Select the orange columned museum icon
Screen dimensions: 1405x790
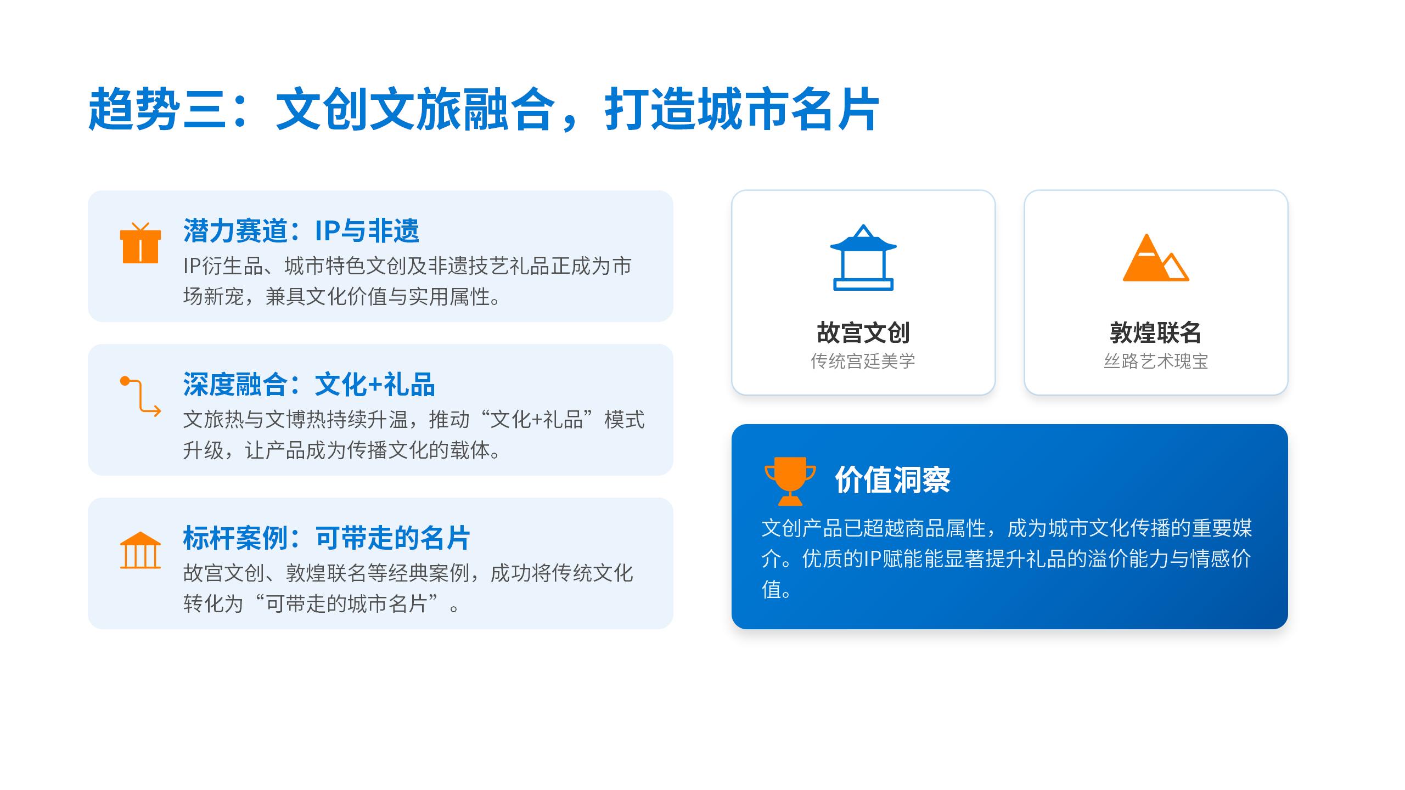(140, 550)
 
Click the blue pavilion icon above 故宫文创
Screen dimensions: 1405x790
(863, 257)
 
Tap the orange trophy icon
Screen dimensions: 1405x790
(790, 481)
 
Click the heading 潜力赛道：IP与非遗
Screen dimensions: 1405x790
(301, 230)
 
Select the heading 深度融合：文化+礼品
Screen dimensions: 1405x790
(309, 384)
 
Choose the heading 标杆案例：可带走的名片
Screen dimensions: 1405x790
(327, 538)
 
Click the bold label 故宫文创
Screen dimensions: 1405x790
(863, 332)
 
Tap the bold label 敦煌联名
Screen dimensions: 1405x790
(1156, 332)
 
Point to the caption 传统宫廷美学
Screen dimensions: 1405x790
(863, 361)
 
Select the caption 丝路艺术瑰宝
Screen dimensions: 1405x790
(1156, 361)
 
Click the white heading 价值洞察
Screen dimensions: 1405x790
(893, 480)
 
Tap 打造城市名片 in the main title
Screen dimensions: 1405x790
(741, 109)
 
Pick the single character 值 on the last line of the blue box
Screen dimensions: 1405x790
(771, 590)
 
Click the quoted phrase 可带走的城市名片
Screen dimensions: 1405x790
(347, 604)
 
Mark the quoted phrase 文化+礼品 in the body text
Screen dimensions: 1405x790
(536, 420)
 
